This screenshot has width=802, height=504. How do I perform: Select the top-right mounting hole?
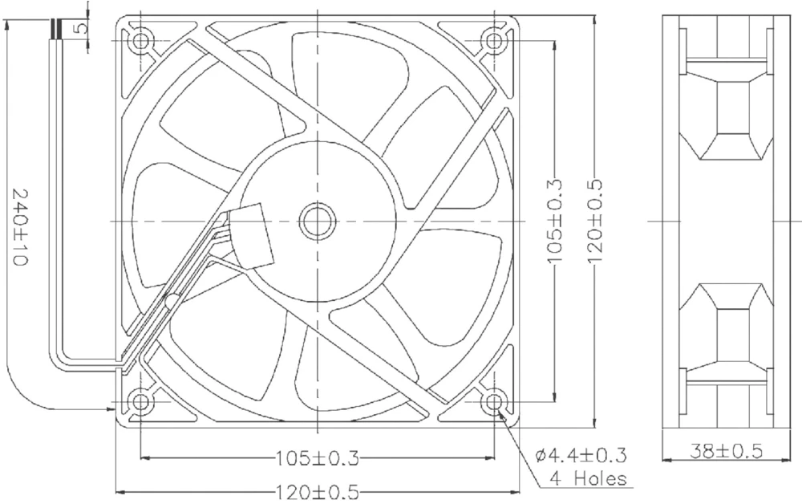[494, 40]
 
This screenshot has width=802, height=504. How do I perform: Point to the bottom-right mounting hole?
[494, 400]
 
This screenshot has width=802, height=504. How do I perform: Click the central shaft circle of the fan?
[318, 221]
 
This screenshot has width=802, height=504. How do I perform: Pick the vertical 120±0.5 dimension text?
[594, 221]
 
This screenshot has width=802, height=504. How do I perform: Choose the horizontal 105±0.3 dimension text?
[318, 458]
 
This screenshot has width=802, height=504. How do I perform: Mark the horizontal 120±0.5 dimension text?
[318, 490]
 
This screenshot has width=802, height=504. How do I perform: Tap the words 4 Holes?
[587, 480]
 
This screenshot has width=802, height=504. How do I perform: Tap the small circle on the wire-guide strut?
[170, 302]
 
